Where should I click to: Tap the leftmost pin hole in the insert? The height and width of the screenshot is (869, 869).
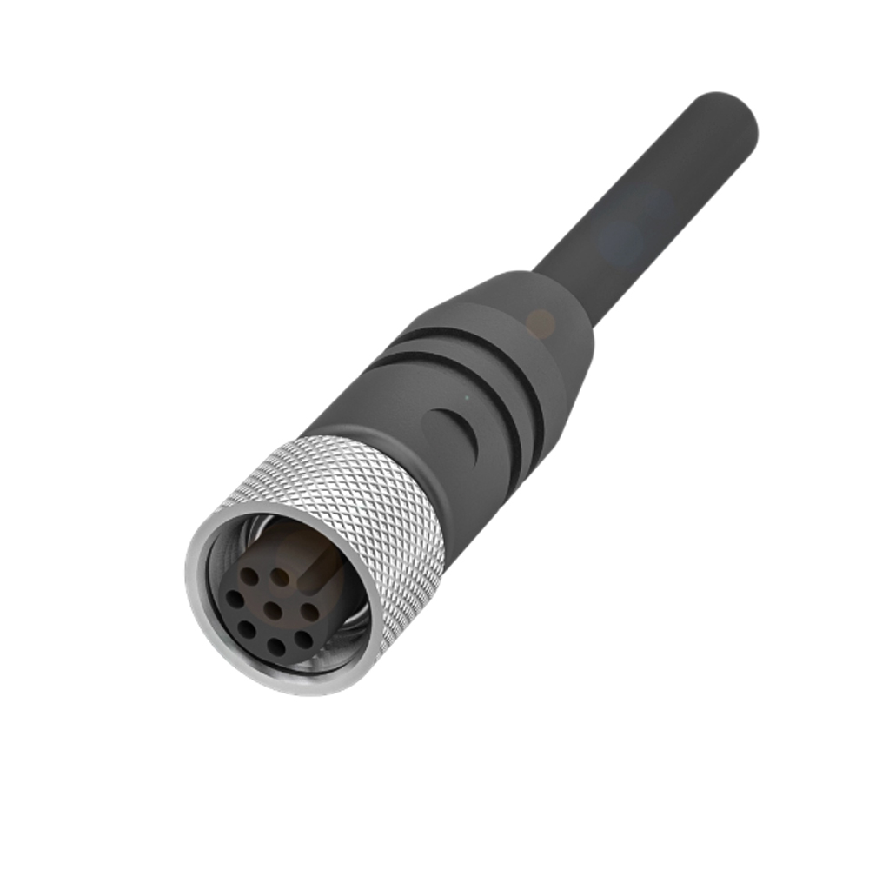tap(235, 598)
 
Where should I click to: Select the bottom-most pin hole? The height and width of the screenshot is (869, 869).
tap(276, 645)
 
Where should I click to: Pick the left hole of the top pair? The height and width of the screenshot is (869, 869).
tap(251, 576)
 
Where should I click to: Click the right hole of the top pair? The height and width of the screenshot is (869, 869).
tap(280, 574)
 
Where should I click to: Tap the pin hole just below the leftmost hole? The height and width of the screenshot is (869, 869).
tap(247, 627)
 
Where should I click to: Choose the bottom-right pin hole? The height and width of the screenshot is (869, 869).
tap(303, 640)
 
